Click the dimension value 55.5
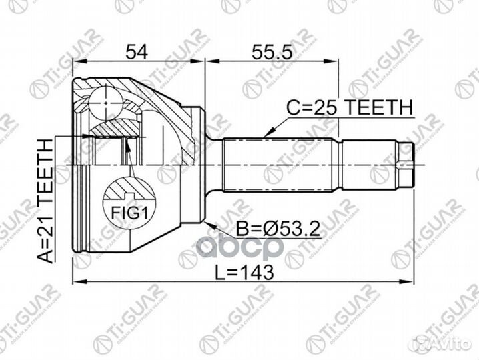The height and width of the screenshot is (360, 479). [271, 51]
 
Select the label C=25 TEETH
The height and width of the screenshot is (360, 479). [350, 107]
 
